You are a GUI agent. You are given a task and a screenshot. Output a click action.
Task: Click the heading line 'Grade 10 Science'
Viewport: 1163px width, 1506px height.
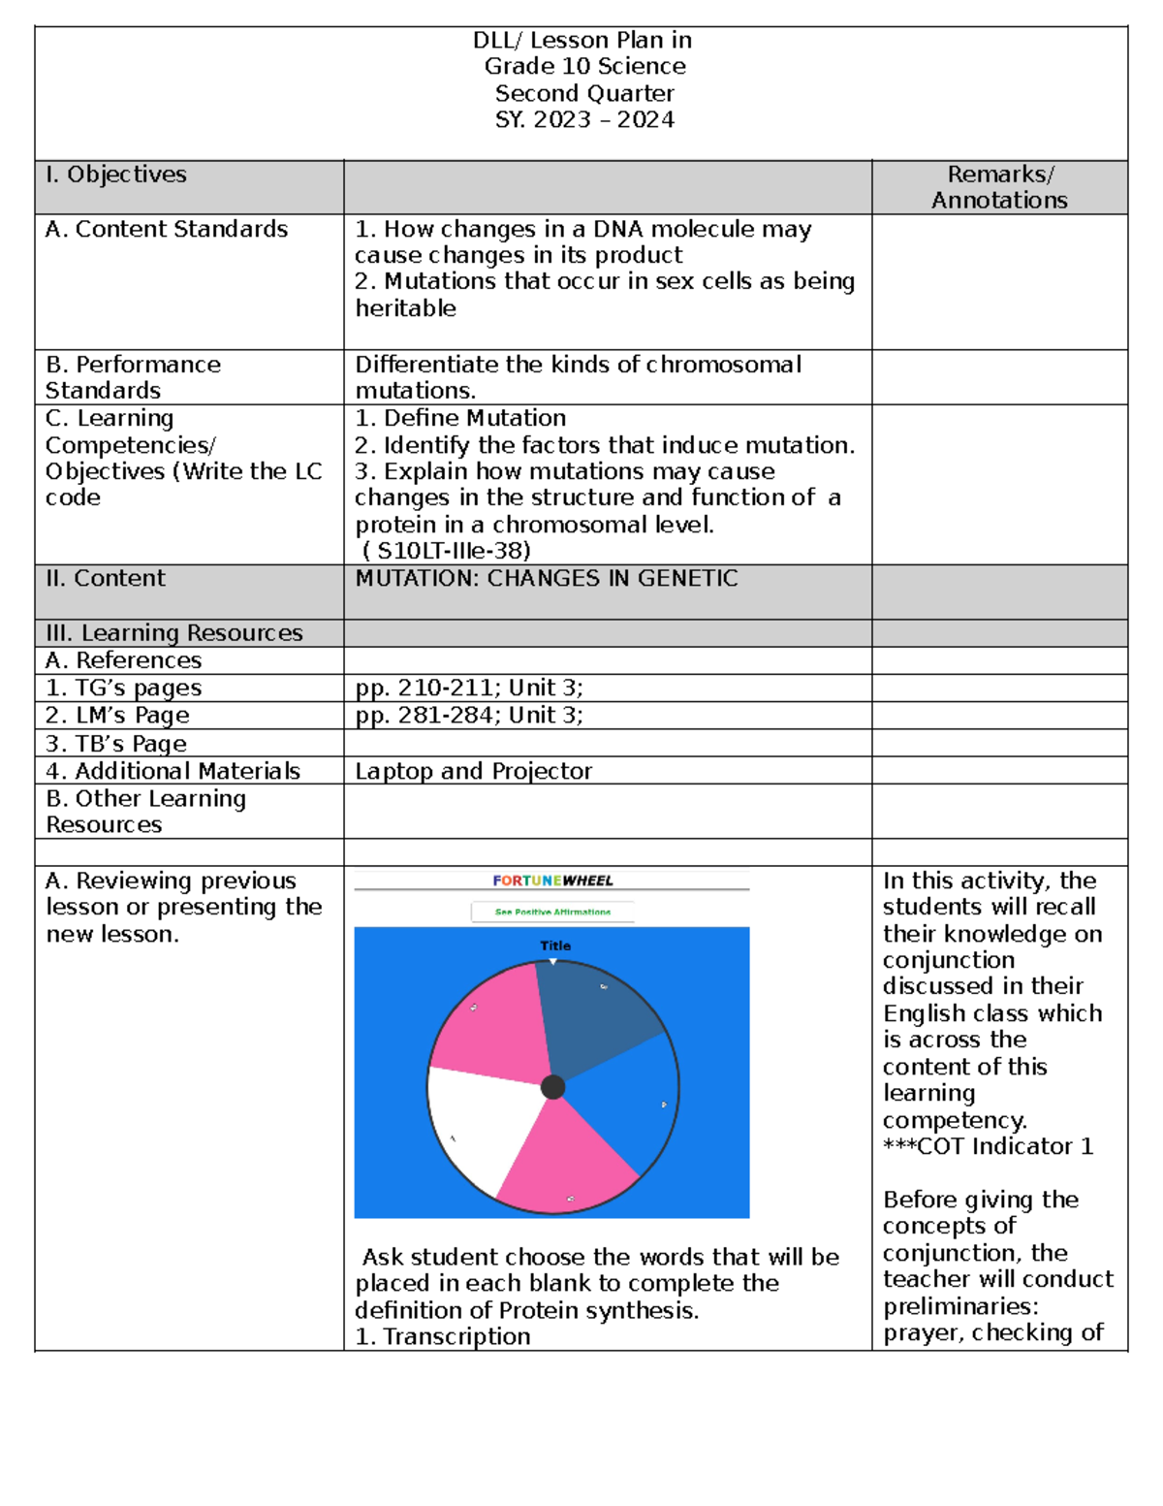(x=584, y=66)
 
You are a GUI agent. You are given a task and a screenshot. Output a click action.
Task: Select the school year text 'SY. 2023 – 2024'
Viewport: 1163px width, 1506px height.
(x=584, y=119)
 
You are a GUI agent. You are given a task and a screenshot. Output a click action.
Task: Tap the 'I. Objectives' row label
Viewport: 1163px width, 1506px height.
(x=115, y=175)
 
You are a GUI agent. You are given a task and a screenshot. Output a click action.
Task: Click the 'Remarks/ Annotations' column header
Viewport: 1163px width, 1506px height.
(x=999, y=187)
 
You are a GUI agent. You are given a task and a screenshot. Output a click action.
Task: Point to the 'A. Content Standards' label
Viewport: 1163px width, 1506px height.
(x=167, y=229)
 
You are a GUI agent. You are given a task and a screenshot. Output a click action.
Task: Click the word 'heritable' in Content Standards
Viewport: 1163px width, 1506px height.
(x=405, y=308)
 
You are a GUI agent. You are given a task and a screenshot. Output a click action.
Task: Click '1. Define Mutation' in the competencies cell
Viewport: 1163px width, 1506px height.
(x=460, y=418)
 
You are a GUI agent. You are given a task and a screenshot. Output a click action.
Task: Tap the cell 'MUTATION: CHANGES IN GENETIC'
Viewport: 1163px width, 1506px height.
(x=547, y=578)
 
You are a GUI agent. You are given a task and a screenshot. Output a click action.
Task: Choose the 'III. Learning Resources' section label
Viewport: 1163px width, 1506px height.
(x=174, y=633)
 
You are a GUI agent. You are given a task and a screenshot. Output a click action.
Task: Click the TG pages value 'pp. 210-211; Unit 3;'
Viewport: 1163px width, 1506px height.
(x=469, y=688)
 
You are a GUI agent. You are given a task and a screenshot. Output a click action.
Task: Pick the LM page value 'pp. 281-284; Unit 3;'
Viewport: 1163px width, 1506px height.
(x=469, y=715)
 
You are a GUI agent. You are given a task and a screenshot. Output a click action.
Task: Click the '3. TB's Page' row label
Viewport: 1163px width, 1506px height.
(x=116, y=744)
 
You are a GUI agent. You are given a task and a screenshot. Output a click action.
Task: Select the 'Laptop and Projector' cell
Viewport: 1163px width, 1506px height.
(x=473, y=771)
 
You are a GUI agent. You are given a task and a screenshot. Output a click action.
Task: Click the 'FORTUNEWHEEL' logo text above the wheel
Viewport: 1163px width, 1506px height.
(x=552, y=881)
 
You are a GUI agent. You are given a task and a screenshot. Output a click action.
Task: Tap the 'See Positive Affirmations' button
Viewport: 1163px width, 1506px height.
(x=552, y=912)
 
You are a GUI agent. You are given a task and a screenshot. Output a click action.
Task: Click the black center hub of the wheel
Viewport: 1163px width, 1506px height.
(x=552, y=1087)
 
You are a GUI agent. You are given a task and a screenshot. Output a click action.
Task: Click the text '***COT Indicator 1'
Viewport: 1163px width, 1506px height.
(x=988, y=1146)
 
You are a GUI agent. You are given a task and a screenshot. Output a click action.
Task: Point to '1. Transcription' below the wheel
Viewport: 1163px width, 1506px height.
(x=443, y=1336)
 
